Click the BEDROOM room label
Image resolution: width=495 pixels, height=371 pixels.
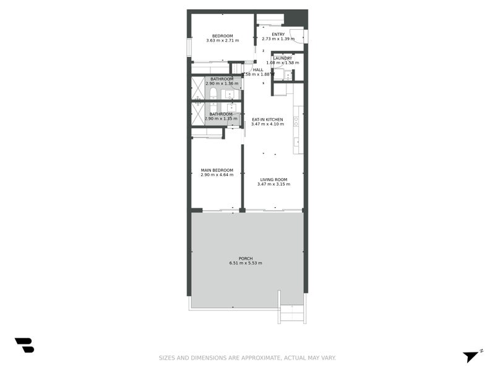tap(222, 35)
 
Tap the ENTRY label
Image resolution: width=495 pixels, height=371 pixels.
tap(278, 34)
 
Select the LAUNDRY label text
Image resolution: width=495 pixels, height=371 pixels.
tap(283, 58)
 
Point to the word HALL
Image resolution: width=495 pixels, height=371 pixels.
tap(258, 70)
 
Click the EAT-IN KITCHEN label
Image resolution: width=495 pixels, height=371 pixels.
tap(267, 119)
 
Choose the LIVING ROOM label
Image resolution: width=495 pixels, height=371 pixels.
tap(273, 179)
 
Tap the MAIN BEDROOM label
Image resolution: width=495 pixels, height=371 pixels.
tap(217, 170)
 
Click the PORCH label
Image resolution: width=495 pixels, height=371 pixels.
tap(246, 258)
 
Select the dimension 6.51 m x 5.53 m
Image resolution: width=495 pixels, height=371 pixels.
tap(246, 263)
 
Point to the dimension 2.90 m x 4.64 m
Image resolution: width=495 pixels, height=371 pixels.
tap(217, 175)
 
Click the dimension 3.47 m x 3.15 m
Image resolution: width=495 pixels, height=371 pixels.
tap(273, 184)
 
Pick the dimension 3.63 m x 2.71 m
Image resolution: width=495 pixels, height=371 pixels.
tap(222, 40)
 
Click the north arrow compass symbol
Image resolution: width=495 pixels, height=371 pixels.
tap(472, 356)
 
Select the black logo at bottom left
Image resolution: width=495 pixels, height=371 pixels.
tap(24, 345)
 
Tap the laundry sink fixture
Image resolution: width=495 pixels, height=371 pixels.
tap(288, 75)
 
